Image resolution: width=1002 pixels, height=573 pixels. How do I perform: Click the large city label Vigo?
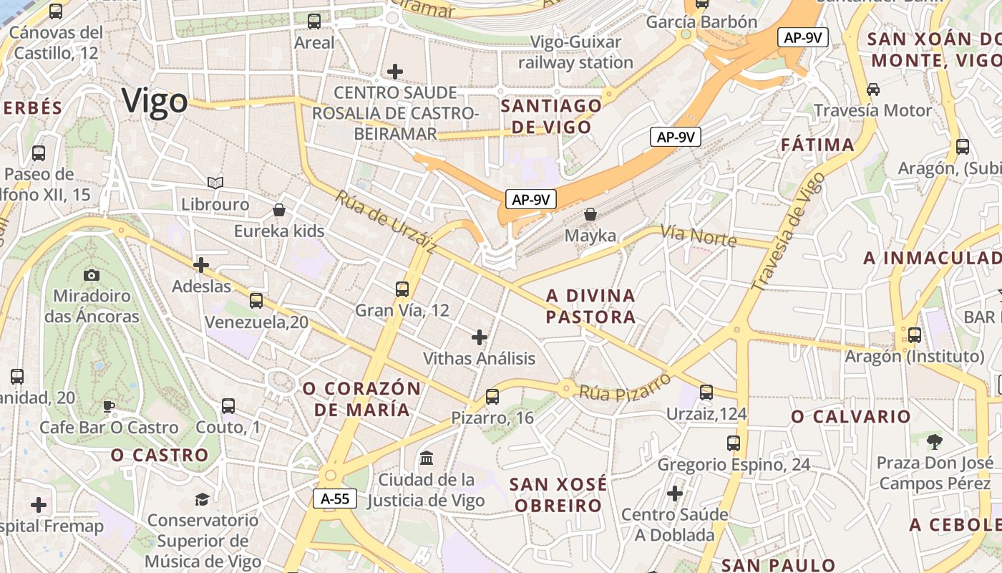(155, 101)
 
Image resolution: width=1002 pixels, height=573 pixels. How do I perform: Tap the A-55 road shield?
(335, 499)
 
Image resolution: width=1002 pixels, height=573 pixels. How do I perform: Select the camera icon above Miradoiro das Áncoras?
(92, 275)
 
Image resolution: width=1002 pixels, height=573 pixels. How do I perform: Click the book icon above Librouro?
(215, 183)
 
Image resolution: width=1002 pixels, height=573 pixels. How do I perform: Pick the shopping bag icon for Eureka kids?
(279, 210)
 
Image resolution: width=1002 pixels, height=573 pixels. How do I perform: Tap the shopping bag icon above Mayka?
(590, 213)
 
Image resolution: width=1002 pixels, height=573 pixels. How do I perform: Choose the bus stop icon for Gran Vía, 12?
(402, 289)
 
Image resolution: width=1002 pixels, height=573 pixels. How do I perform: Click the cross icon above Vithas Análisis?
(480, 337)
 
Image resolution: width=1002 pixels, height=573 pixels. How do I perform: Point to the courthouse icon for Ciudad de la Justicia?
(427, 458)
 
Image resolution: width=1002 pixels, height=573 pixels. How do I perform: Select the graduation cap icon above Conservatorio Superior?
(203, 499)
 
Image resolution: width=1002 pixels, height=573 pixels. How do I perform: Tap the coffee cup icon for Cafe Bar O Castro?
(109, 406)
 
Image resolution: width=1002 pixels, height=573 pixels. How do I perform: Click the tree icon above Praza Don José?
(934, 441)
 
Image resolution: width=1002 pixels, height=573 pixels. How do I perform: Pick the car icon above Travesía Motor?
(873, 90)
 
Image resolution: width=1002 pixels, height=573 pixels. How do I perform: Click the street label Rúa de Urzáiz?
(385, 222)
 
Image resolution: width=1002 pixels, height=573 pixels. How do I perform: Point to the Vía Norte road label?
(698, 235)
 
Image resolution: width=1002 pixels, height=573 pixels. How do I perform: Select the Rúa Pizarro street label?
(625, 387)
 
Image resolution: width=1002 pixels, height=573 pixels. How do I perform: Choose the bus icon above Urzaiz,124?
(706, 393)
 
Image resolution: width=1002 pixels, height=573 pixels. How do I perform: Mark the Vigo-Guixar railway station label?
(576, 52)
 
